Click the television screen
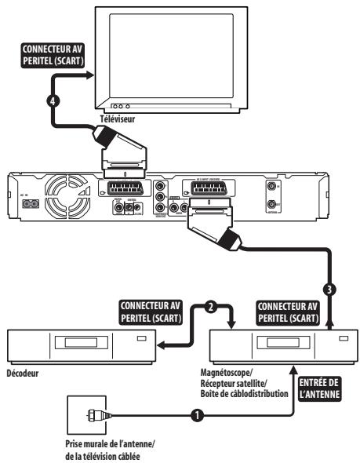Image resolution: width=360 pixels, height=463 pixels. [160, 53]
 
